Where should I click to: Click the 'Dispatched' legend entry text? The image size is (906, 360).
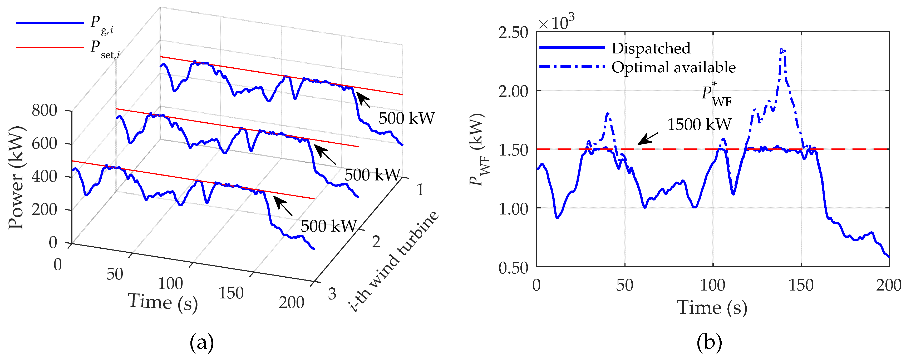tap(651, 48)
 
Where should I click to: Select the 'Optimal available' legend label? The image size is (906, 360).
tap(673, 67)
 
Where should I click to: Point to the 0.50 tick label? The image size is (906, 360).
tap(513, 268)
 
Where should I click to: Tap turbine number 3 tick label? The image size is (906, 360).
tap(332, 294)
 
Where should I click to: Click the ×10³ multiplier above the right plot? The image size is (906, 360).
tap(557, 22)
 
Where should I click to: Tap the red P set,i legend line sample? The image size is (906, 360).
tap(49, 47)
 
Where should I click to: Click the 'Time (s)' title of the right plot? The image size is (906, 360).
tap(712, 308)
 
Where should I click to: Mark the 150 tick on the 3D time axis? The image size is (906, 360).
tap(231, 293)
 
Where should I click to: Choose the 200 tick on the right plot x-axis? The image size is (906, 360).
tap(888, 285)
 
